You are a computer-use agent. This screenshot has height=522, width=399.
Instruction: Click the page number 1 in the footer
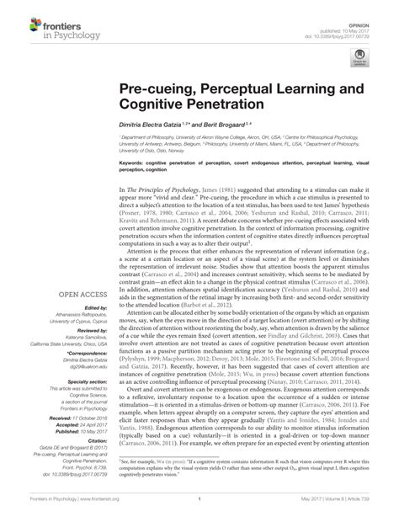[199, 509]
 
